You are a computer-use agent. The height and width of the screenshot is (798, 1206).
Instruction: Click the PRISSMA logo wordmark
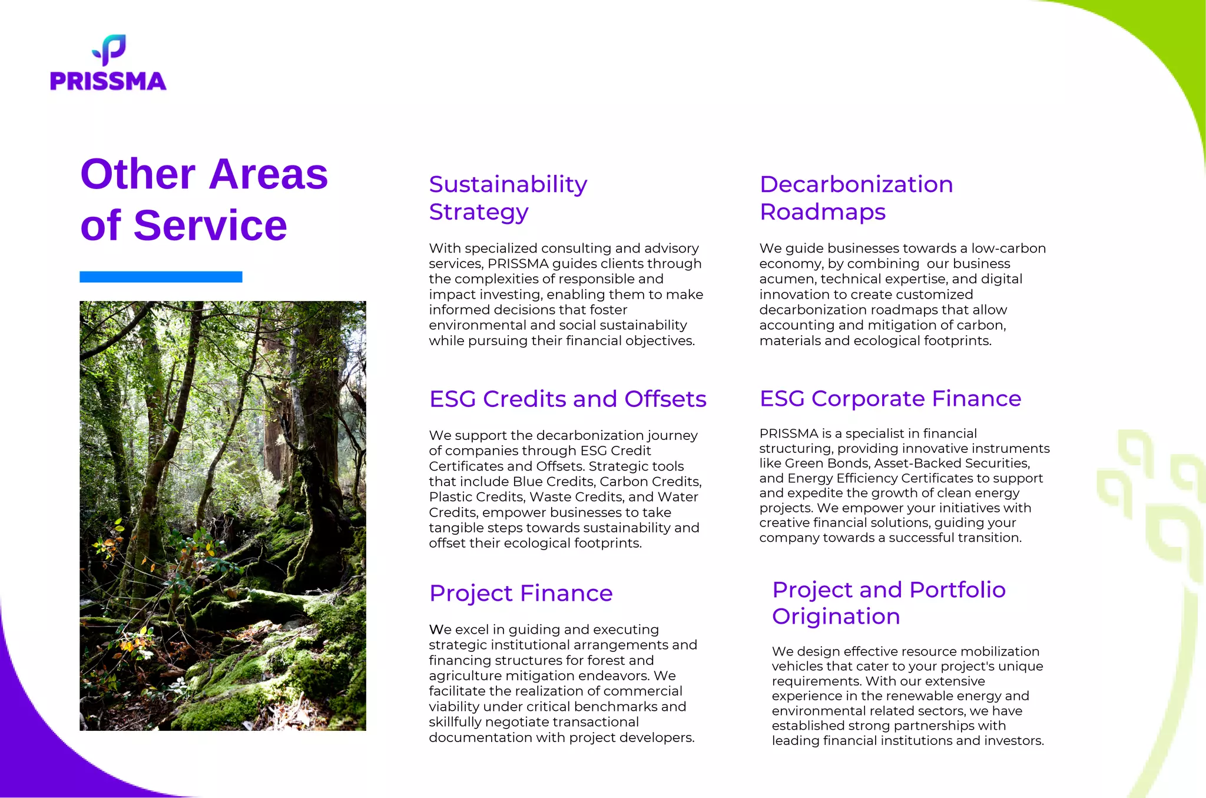(x=108, y=81)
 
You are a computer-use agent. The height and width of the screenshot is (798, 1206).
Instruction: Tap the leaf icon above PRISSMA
(x=110, y=49)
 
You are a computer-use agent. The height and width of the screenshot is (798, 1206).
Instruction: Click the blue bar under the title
(x=161, y=277)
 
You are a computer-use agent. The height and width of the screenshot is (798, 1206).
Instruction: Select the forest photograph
(x=223, y=515)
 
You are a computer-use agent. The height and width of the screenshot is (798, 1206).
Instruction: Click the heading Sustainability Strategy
(x=508, y=198)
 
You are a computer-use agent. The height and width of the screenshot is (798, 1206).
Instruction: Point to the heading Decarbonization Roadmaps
(x=856, y=198)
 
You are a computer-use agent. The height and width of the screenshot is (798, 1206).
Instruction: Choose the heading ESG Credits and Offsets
(x=568, y=399)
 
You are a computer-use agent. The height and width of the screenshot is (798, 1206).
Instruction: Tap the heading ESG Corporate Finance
(x=890, y=399)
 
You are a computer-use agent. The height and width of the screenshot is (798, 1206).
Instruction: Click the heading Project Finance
(x=521, y=593)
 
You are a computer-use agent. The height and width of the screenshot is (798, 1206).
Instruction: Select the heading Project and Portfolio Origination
(x=889, y=602)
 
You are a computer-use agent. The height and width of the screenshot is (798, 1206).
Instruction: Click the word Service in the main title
(x=210, y=226)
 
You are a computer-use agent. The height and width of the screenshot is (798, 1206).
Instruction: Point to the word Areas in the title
(x=268, y=174)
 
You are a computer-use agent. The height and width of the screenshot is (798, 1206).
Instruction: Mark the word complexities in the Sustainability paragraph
(x=489, y=279)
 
